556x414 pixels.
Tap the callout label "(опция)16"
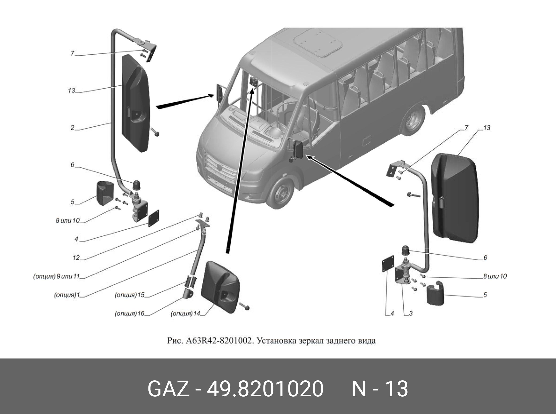(x=129, y=313)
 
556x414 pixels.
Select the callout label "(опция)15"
(x=129, y=295)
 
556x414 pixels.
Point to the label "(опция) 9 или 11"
(x=56, y=276)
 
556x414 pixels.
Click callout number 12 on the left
(x=76, y=257)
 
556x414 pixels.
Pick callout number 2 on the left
(x=72, y=127)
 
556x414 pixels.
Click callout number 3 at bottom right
(x=411, y=313)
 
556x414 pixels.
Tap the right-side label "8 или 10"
(x=495, y=276)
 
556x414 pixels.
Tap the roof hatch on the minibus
(x=318, y=42)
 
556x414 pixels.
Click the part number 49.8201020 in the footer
(x=265, y=389)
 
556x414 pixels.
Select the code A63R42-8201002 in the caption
(x=218, y=341)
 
